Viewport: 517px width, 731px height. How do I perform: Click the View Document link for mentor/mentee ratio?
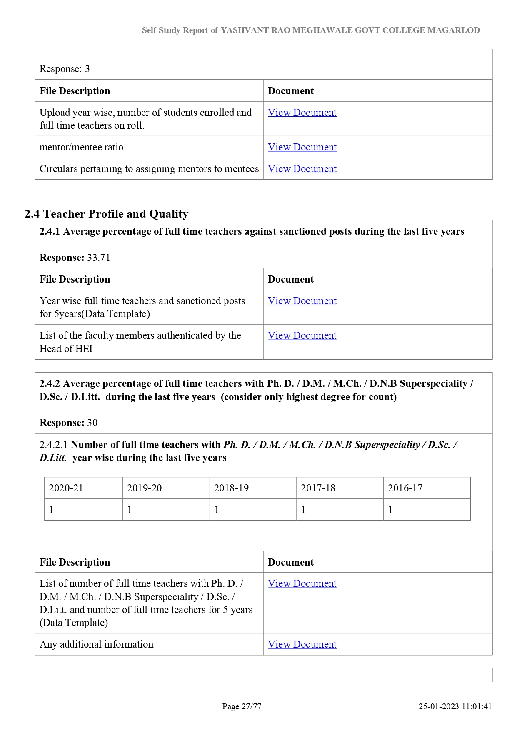point(302,147)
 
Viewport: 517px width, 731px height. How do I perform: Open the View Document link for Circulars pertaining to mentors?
point(302,169)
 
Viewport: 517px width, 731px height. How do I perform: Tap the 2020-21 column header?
point(66,488)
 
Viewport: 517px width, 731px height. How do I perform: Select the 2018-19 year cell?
point(231,488)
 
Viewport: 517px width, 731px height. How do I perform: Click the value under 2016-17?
point(390,510)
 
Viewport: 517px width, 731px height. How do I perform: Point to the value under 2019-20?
point(130,510)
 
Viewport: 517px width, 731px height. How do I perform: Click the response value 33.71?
point(99,258)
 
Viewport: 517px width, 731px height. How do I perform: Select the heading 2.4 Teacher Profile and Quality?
point(107,214)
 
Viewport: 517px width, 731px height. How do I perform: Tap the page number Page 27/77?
point(242,706)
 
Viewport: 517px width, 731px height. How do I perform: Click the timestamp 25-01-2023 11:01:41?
point(455,706)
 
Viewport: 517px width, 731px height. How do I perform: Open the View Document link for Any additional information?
point(302,644)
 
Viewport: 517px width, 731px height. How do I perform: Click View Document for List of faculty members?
point(302,335)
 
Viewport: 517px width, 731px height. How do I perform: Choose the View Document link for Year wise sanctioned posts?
point(302,301)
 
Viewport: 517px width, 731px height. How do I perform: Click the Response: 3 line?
point(65,69)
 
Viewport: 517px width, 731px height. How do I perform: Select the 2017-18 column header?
point(318,488)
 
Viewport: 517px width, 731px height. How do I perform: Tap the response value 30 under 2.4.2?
point(92,423)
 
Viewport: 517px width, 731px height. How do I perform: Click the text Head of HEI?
point(66,349)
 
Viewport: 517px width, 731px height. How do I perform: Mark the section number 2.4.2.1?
point(54,445)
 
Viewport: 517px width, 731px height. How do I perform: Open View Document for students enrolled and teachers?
point(302,113)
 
